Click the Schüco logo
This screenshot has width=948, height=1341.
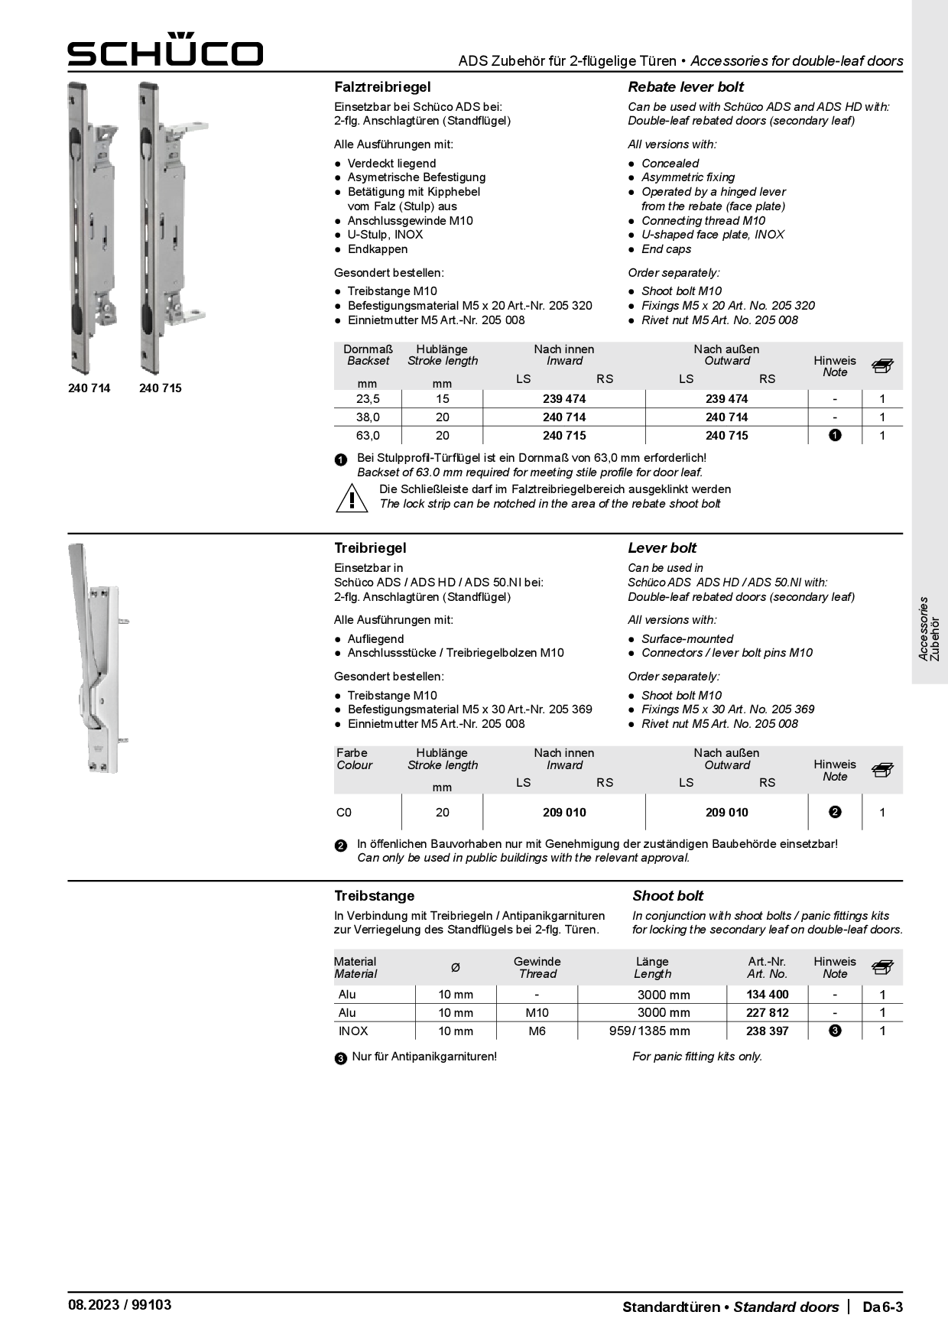165,50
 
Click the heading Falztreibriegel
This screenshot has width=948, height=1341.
382,87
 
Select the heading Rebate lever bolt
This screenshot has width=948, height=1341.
686,87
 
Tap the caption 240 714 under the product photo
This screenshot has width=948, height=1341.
89,388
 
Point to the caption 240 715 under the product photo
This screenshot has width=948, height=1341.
161,388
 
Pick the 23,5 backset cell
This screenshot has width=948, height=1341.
368,399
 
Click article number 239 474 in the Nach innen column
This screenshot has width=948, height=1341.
564,399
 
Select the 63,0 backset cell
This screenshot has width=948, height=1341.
368,436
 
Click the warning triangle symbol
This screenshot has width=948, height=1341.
352,498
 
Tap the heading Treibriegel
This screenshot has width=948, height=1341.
370,548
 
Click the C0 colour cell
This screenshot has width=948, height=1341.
344,813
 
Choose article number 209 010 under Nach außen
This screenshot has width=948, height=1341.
726,813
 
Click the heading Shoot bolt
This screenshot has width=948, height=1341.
667,896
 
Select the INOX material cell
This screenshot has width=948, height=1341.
353,1031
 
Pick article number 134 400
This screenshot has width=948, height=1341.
767,995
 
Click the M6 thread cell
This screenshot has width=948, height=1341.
537,1031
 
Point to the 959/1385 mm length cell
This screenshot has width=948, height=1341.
649,1031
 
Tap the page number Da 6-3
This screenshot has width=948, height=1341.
882,1307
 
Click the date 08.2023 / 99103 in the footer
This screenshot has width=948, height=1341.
119,1305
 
